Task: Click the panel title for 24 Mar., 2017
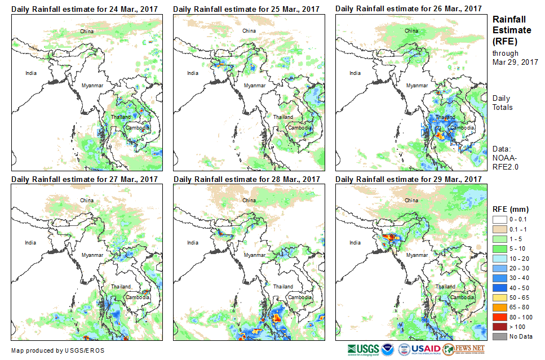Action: click(85, 9)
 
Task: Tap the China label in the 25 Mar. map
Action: click(249, 30)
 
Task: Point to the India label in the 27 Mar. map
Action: click(30, 243)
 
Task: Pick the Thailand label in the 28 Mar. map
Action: click(283, 287)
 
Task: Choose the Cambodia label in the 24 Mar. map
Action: click(138, 127)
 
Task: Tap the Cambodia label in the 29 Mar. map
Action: click(462, 297)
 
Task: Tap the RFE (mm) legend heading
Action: click(511, 210)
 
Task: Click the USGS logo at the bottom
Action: click(364, 349)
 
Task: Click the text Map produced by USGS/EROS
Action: click(57, 350)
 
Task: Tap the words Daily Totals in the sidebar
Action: click(502, 103)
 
